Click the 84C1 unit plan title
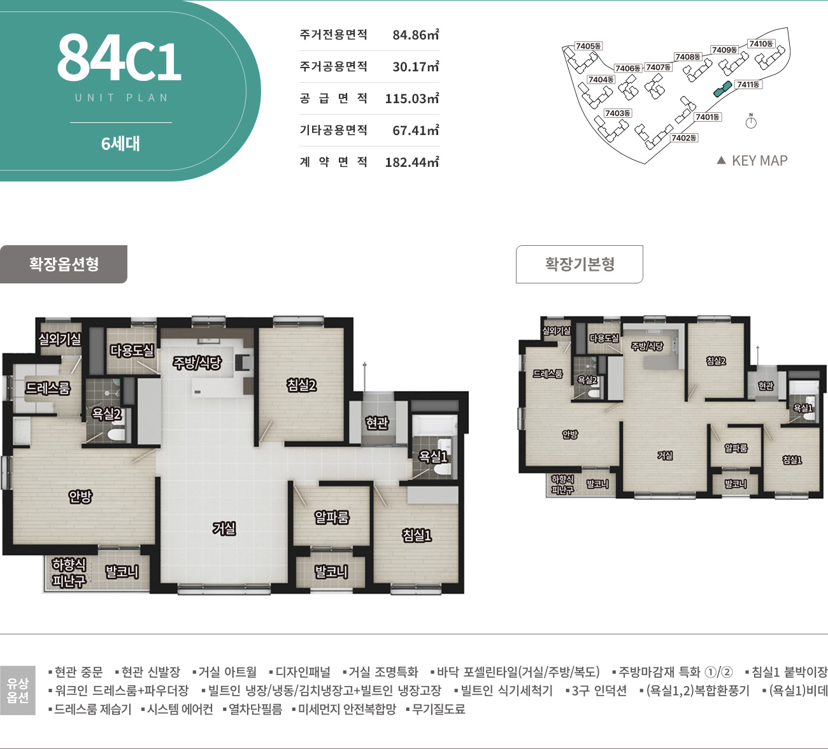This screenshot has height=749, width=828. (x=119, y=58)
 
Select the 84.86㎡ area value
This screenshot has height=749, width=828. (x=415, y=35)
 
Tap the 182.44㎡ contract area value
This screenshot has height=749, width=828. (x=411, y=162)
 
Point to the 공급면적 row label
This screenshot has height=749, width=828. (x=333, y=99)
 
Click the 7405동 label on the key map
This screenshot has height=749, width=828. (x=588, y=46)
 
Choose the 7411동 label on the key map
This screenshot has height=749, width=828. (x=748, y=85)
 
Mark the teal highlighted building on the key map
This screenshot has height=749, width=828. (x=722, y=90)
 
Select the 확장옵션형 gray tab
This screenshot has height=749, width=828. (x=64, y=264)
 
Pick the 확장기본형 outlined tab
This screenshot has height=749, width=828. (x=579, y=264)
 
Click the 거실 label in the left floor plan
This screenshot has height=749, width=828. (x=224, y=528)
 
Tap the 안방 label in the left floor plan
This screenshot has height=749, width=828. (x=81, y=496)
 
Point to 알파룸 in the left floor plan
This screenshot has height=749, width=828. (x=332, y=517)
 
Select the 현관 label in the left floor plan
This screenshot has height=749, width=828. (x=377, y=422)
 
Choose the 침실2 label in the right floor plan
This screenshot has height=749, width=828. (x=716, y=361)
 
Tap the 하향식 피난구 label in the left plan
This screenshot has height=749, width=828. (x=69, y=573)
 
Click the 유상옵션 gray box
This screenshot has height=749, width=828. (x=18, y=690)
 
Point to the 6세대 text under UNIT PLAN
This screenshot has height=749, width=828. (x=120, y=144)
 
